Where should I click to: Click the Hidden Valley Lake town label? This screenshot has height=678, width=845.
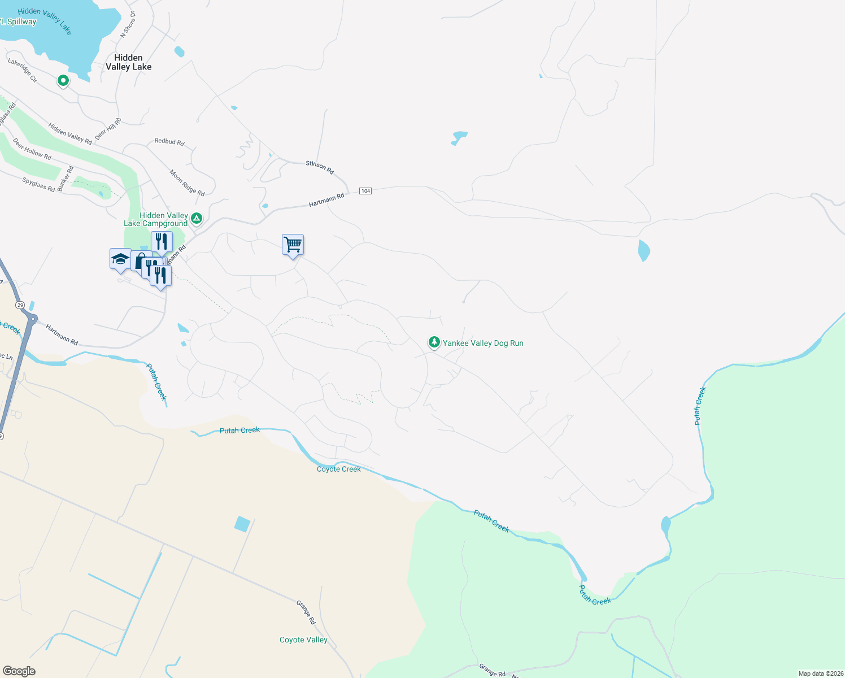click(129, 62)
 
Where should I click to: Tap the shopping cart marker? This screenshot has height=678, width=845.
click(293, 245)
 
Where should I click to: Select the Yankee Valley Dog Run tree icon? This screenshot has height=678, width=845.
click(434, 342)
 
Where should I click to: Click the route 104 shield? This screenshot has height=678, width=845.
click(365, 191)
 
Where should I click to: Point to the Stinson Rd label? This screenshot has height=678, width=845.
click(320, 167)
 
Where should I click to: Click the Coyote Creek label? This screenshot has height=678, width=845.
click(338, 469)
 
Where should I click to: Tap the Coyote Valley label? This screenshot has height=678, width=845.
click(303, 640)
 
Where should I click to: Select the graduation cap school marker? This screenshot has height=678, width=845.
click(120, 259)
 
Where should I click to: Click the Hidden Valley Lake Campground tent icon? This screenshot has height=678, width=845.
click(196, 218)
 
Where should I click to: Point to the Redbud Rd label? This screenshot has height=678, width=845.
click(169, 142)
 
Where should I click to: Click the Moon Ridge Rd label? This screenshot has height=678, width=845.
click(187, 182)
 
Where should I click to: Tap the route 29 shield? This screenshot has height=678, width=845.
click(20, 305)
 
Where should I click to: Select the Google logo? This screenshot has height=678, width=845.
click(19, 671)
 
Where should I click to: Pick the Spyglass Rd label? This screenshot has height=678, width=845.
click(38, 185)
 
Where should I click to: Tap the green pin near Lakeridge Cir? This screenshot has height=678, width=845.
click(63, 81)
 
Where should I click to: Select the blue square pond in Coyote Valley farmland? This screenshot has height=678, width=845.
click(242, 524)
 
